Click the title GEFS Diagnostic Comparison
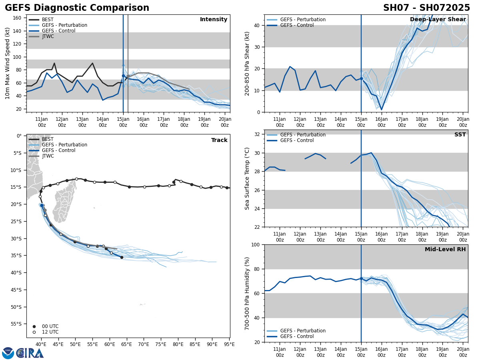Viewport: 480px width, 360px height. [77, 8]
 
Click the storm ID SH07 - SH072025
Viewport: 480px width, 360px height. [426, 8]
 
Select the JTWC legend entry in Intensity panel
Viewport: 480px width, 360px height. [48, 36]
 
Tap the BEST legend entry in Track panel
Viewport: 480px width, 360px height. [48, 139]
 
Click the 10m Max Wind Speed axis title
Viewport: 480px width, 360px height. [8, 63]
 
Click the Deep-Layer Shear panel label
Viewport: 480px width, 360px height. [438, 20]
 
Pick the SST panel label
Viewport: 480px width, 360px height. [460, 135]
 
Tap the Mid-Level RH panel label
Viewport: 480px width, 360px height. [445, 250]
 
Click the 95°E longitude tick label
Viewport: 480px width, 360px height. [229, 344]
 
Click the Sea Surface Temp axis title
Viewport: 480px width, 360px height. [247, 178]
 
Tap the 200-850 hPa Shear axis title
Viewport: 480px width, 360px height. [247, 63]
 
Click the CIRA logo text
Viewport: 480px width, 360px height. [30, 353]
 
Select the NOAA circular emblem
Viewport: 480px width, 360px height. [8, 353]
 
